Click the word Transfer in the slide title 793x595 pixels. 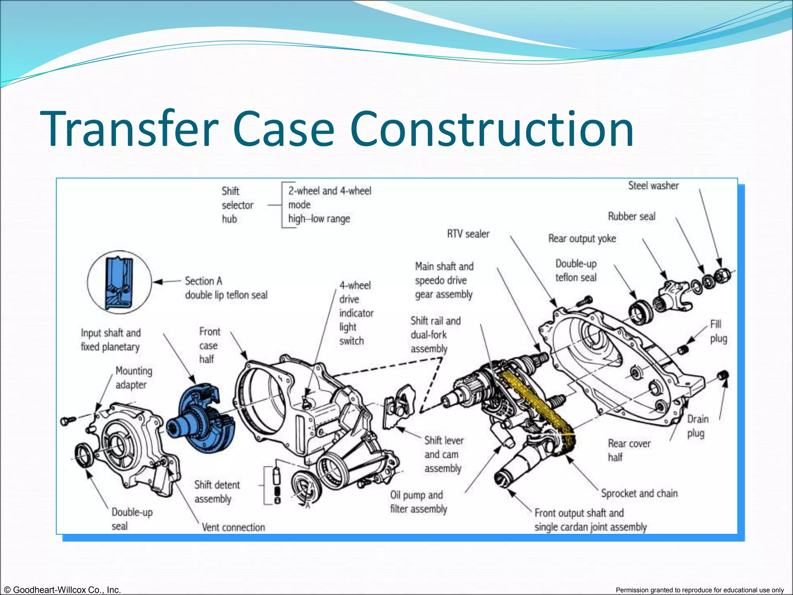pos(129,129)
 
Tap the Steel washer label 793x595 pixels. pos(653,186)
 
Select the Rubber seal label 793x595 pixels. pos(632,216)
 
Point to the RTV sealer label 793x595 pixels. pos(468,234)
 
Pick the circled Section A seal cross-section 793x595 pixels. pos(120,282)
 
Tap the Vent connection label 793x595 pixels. pos(233,528)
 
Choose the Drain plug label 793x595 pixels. pos(698,426)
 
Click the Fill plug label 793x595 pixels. pos(718,332)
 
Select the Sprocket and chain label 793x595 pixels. pos(639,494)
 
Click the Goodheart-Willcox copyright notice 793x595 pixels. pos(61,590)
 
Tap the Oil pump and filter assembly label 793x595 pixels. pos(418,502)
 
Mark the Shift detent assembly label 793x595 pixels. pos(217,492)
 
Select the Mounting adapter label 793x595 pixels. pos(134,378)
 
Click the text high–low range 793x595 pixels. pos(319,219)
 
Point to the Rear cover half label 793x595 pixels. pos(629,451)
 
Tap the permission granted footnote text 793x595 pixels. pos(699,590)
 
